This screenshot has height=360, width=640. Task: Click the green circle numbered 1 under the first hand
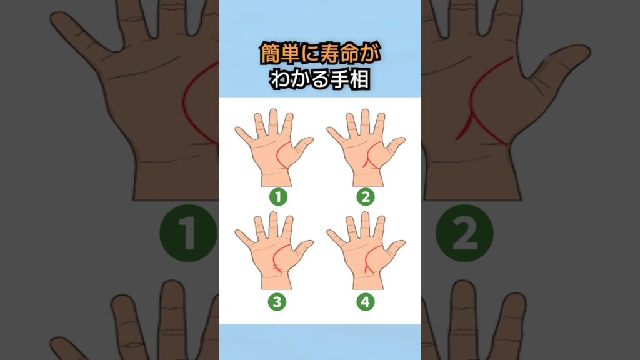[x=278, y=197]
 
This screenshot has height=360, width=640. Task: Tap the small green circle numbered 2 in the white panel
[x=365, y=197]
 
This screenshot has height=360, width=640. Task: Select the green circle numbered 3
[x=277, y=302]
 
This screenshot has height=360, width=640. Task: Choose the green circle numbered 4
[x=365, y=302]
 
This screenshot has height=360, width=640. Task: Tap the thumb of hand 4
[x=395, y=251]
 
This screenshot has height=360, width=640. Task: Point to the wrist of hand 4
[x=368, y=282]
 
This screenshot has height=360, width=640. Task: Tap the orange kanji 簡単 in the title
[x=275, y=54]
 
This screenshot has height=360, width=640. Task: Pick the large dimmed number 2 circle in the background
[x=464, y=233]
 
